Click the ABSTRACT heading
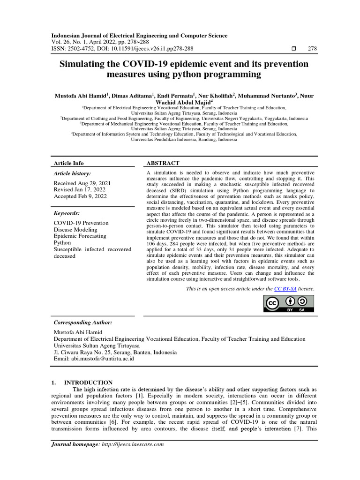[163, 163]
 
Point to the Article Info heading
[69, 163]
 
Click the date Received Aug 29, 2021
[82, 183]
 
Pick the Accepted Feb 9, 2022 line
[80, 196]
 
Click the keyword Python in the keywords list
[62, 243]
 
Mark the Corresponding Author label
[83, 323]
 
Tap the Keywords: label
[67, 213]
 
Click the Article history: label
[74, 173]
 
